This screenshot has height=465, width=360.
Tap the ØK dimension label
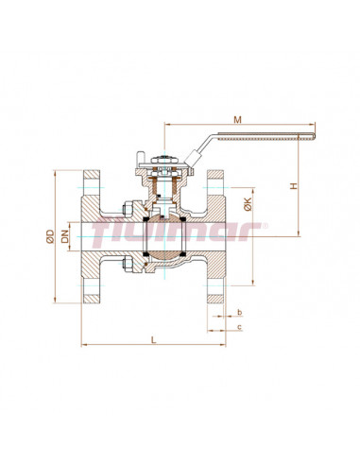click(247, 202)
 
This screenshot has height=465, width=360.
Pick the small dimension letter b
click(240, 311)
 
